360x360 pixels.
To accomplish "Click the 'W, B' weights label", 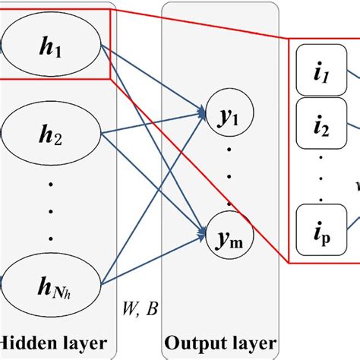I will coord(139,309).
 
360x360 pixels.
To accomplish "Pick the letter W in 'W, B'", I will coord(129,309).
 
